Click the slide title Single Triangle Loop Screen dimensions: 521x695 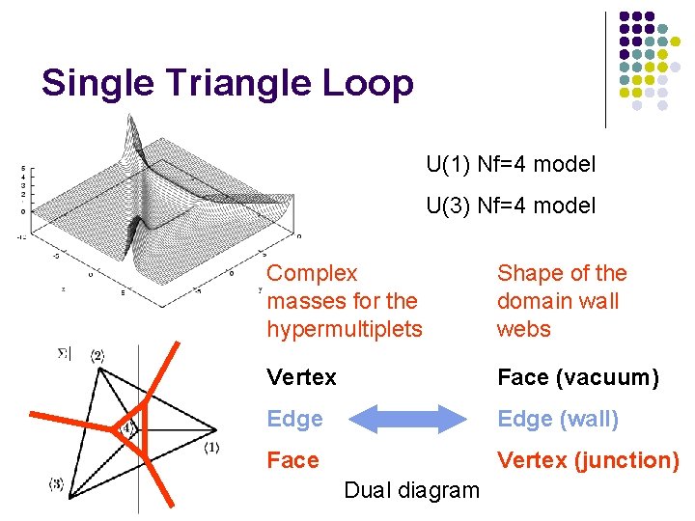[228, 83]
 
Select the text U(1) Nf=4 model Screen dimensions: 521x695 [511, 165]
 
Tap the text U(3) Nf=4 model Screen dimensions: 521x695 [511, 206]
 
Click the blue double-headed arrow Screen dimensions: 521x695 [406, 419]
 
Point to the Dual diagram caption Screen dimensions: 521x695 [411, 490]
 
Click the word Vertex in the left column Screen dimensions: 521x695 [301, 377]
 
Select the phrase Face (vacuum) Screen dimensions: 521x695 [577, 377]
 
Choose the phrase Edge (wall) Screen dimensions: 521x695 [557, 419]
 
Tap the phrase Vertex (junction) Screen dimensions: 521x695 [588, 460]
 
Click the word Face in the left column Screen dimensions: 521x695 [292, 460]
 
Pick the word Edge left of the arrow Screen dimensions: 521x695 [294, 419]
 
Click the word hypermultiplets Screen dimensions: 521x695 [345, 329]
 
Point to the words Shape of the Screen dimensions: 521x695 [561, 273]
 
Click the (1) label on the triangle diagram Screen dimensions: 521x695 [212, 447]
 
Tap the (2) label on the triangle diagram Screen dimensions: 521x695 [97, 356]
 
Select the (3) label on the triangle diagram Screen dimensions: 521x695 [57, 484]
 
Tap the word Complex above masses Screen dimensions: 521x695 [312, 273]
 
